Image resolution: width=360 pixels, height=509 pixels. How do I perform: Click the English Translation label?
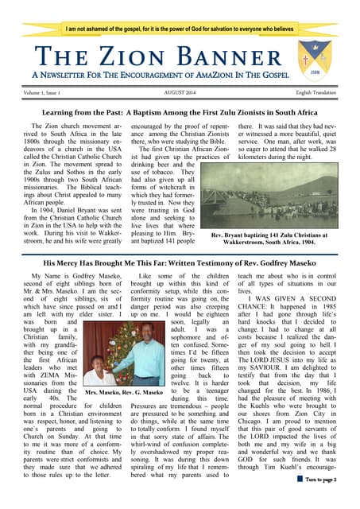(x=315, y=93)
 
